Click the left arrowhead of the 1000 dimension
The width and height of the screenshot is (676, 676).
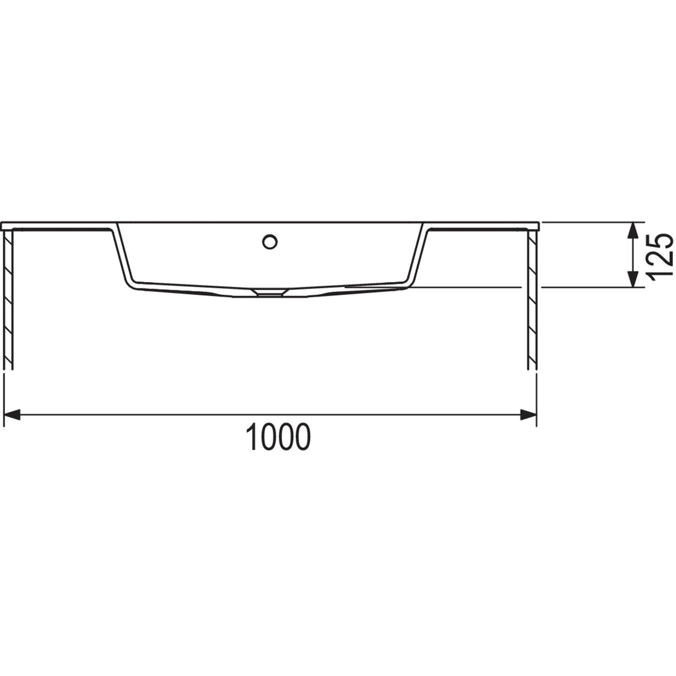(x=12, y=415)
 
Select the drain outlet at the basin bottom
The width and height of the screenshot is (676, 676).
(x=270, y=292)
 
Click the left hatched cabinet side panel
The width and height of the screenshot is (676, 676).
(x=8, y=299)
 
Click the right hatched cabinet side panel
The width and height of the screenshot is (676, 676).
(x=532, y=299)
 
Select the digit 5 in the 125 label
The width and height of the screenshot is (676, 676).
(x=660, y=239)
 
